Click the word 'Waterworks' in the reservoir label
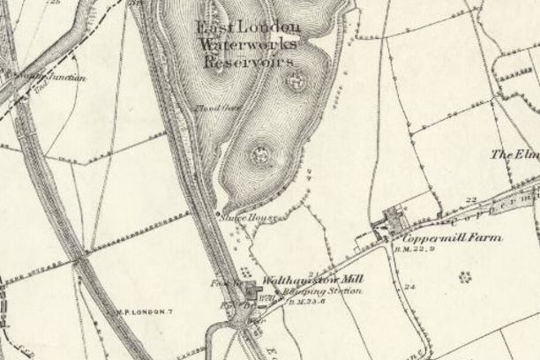(x=248, y=45)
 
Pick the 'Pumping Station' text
(x=319, y=290)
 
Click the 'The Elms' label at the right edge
(x=515, y=154)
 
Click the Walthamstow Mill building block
(x=252, y=291)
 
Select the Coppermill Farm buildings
(x=390, y=223)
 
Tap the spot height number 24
(x=409, y=286)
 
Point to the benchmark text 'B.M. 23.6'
(x=298, y=300)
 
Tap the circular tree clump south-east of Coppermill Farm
(x=465, y=276)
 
